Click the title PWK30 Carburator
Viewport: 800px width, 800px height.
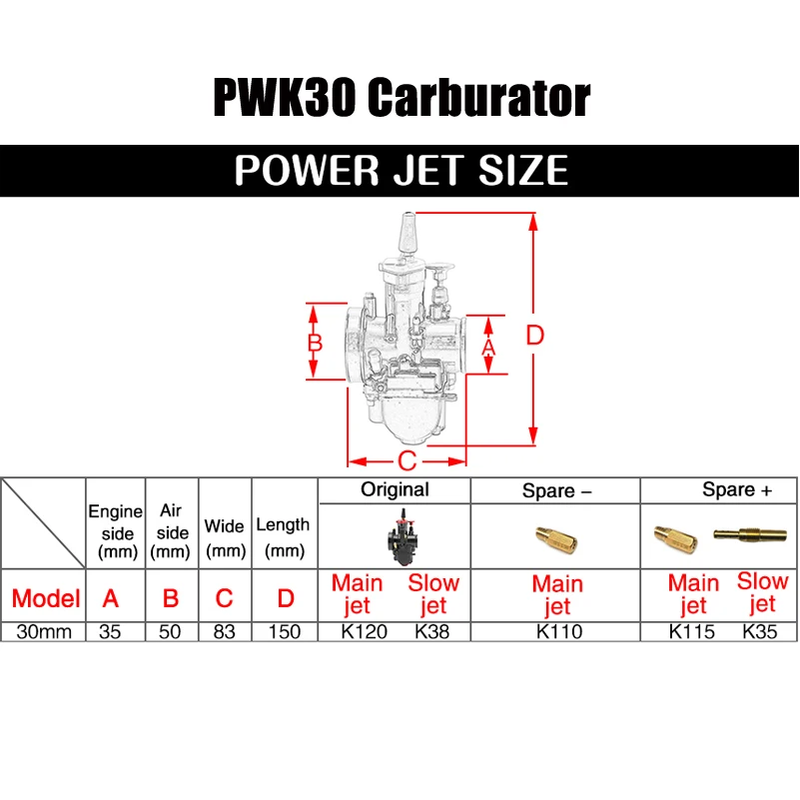point(400,98)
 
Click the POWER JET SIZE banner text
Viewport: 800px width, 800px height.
point(400,170)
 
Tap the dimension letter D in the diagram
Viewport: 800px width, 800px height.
point(535,336)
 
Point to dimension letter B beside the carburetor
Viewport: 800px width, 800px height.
point(315,343)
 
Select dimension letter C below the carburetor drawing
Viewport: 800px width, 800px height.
point(406,461)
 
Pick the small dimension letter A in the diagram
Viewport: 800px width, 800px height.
point(488,346)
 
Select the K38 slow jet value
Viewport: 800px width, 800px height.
point(432,631)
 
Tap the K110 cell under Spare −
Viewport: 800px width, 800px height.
point(556,631)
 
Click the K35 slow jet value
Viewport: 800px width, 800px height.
point(762,631)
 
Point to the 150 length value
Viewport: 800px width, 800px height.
point(286,631)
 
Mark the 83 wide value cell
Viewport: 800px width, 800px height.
point(225,631)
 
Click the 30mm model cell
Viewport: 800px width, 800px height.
point(44,631)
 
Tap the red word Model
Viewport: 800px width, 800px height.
point(46,598)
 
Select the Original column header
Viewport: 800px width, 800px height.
point(395,489)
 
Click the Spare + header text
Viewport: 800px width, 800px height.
point(737,489)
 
